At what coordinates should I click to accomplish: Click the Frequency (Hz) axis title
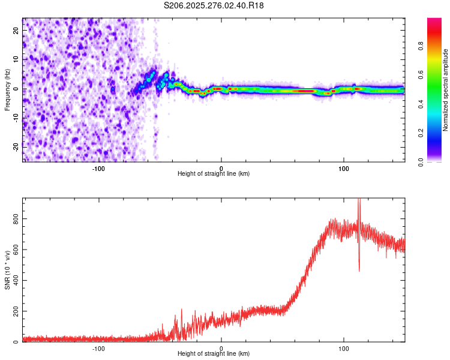point(7,89)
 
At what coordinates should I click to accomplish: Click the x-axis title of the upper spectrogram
point(214,173)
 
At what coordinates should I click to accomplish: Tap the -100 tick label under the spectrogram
point(98,168)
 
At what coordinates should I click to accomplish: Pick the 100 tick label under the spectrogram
point(344,168)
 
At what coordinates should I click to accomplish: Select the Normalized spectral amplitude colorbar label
point(446,90)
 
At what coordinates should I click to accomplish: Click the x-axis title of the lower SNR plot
point(214,353)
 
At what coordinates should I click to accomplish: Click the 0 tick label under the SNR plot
point(221,348)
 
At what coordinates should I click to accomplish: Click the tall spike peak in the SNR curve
point(359,200)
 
